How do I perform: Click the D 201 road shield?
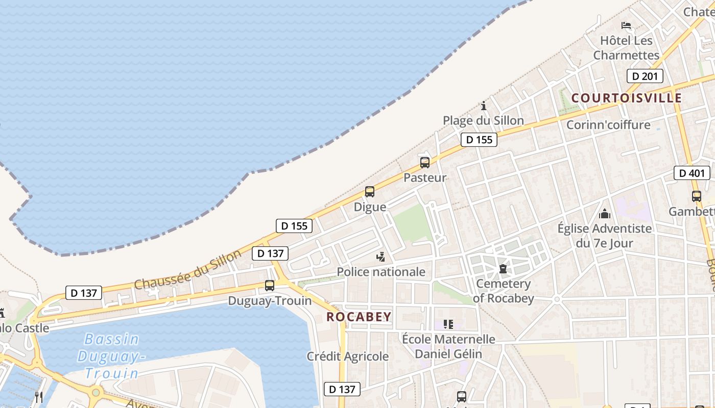coord(645,76)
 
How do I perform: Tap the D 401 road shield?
coord(692,173)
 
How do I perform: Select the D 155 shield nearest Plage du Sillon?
coord(479,139)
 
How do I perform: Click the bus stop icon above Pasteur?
coord(425,163)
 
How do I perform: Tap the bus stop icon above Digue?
coord(370,192)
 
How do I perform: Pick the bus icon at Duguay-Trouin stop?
coord(270,286)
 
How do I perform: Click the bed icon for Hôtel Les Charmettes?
coord(626,25)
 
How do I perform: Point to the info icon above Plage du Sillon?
coord(484,106)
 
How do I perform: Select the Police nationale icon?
coord(380,257)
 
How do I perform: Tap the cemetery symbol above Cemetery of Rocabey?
coord(503,268)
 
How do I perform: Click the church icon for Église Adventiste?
coord(605,213)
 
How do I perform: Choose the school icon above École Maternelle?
coord(448,324)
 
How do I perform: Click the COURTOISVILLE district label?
coord(627,98)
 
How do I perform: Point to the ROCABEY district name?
coord(359,317)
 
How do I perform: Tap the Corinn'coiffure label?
coord(608,125)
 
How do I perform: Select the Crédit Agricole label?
coord(348,356)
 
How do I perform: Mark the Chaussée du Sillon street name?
coord(188,270)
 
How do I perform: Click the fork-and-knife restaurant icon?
coord(39,397)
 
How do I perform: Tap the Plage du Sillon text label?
coord(483,121)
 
